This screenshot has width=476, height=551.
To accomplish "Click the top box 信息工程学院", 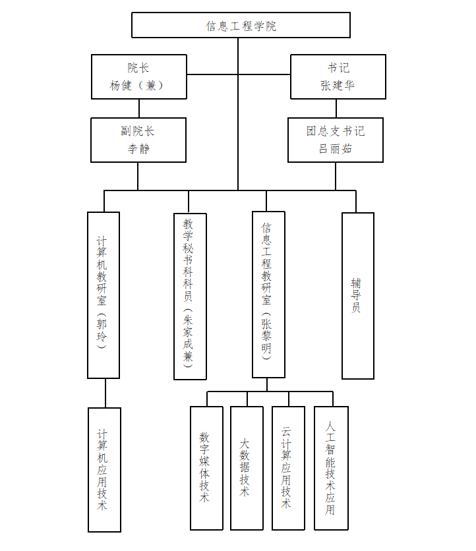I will click(x=241, y=26).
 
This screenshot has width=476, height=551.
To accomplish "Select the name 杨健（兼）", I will click(x=138, y=85).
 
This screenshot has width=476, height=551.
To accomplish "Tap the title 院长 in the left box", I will click(x=138, y=68).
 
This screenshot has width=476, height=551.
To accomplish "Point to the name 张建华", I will click(x=338, y=85).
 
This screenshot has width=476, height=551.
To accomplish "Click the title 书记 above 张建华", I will click(x=338, y=68).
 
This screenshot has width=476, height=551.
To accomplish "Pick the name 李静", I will click(x=138, y=148).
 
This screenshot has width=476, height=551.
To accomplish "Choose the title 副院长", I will click(x=138, y=131).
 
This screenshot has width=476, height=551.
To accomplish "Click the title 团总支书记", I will click(x=335, y=131).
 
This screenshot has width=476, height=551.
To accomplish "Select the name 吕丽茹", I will click(x=335, y=148).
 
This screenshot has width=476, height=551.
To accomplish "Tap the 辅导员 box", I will click(x=357, y=295).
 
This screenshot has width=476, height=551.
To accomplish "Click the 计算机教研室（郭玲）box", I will click(x=104, y=295).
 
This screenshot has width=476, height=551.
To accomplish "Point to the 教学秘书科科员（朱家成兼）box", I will click(x=190, y=296).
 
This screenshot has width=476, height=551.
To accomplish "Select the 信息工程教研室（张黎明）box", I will click(x=268, y=294).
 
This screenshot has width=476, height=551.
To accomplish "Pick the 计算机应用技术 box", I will click(x=104, y=469).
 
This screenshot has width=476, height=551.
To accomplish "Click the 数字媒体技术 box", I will click(x=206, y=467).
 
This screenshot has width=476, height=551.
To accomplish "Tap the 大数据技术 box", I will click(x=247, y=467).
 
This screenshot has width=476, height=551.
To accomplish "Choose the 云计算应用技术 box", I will click(x=288, y=467).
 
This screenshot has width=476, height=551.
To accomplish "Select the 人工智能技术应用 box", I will click(x=331, y=467).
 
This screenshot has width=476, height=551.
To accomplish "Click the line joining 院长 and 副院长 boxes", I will click(x=138, y=108).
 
